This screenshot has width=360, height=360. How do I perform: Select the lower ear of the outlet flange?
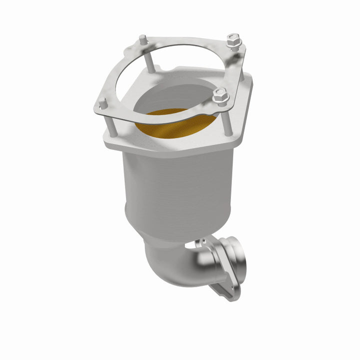222,290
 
